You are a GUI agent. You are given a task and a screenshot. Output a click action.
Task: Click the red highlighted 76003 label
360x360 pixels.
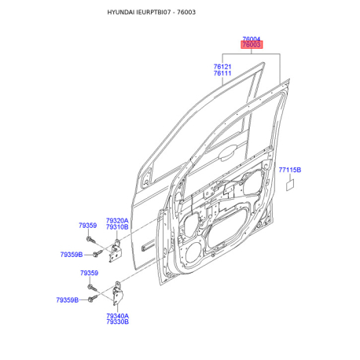(252, 45)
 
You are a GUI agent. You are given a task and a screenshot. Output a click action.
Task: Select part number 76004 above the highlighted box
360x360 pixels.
(252, 39)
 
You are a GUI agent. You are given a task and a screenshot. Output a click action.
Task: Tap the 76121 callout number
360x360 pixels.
(222, 67)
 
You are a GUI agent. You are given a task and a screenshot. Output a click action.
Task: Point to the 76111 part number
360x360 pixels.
(222, 73)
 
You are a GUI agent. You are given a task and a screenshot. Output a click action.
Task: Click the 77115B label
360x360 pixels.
(290, 170)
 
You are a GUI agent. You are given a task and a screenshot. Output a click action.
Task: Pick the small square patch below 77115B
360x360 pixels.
(290, 186)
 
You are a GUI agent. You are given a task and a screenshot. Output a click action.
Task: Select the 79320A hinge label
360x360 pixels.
(117, 221)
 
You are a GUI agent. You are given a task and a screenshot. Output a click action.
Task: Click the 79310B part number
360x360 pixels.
(117, 227)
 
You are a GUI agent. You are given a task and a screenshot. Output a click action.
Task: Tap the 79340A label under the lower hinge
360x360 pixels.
(118, 316)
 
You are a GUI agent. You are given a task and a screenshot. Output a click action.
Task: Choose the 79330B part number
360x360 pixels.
(118, 321)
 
